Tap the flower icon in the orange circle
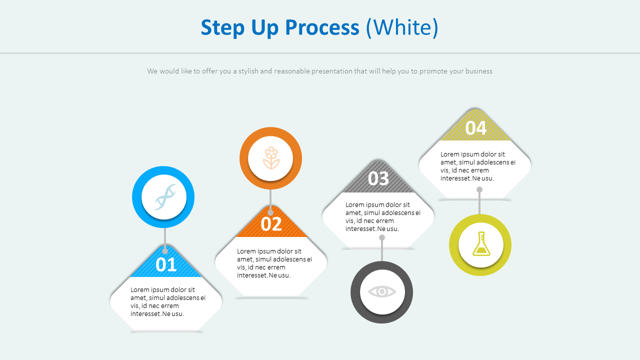(270, 158)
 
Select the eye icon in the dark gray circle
(382, 292)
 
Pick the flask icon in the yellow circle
(480, 244)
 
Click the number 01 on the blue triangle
(166, 264)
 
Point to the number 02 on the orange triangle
(271, 224)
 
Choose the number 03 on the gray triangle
(378, 178)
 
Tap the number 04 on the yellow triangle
(475, 128)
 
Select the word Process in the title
(322, 27)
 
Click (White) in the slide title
(402, 27)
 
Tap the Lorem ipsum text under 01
(168, 301)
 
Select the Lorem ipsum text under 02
(274, 263)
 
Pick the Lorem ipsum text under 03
(383, 216)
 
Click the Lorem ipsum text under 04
(478, 166)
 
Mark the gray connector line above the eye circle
(382, 250)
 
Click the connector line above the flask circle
(479, 202)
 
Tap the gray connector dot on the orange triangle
(270, 212)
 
